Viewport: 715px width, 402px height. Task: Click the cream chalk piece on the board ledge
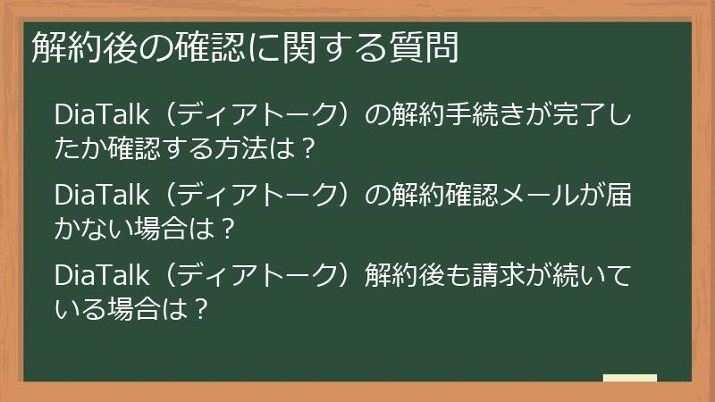(629, 378)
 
